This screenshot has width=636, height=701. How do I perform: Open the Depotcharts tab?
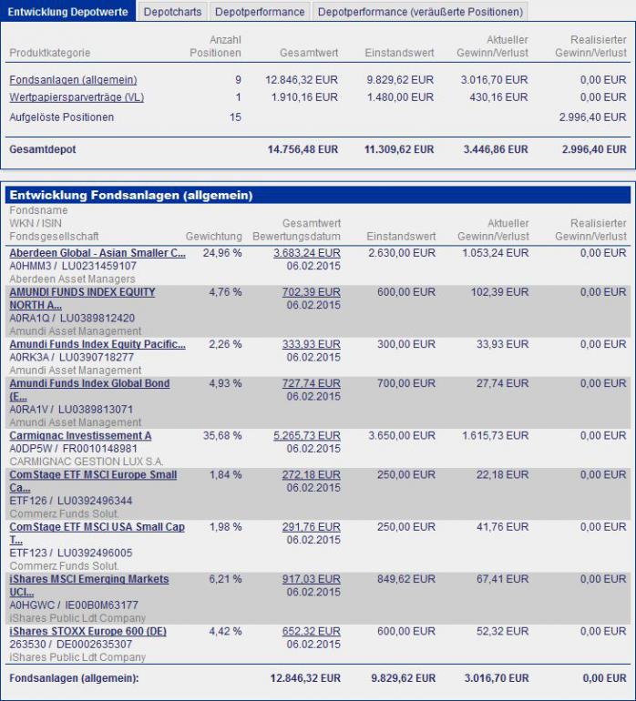(173, 12)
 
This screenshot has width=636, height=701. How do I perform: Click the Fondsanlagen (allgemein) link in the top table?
(73, 80)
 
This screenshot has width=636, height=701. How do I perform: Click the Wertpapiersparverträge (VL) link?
(77, 97)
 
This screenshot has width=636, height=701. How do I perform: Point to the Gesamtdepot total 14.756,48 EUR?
(303, 149)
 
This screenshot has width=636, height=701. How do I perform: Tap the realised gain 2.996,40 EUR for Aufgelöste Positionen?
(592, 117)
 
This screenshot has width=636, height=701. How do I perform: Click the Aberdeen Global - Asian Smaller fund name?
(97, 253)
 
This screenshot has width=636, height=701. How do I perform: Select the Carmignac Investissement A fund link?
(80, 436)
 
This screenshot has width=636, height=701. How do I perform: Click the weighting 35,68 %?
(222, 436)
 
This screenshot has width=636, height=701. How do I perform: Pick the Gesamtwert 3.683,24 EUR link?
(307, 253)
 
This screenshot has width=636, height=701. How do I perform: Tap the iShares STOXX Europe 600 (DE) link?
(87, 631)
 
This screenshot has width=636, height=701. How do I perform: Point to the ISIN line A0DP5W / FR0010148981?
(73, 449)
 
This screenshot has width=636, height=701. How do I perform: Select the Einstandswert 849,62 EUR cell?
(407, 579)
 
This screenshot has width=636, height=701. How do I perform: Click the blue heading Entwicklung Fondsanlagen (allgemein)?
(130, 195)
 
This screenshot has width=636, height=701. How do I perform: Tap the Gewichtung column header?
(213, 237)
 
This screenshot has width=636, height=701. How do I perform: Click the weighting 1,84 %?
(226, 475)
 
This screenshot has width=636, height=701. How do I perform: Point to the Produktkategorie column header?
(49, 53)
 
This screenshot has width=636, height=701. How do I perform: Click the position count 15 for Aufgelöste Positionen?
(235, 117)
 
